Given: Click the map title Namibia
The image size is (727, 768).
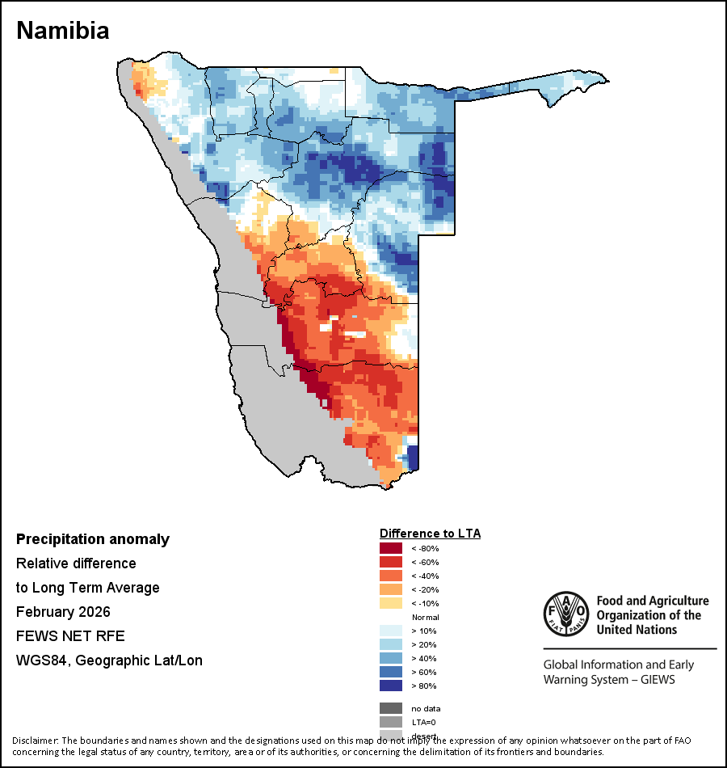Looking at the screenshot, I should [63, 31].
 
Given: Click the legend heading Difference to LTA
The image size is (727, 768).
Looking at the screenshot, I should [430, 534].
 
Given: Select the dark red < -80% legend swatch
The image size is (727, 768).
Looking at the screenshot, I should [391, 548].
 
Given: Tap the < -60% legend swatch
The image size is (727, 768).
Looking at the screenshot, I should [391, 562].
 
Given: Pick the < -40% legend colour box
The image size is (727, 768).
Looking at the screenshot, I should [391, 576].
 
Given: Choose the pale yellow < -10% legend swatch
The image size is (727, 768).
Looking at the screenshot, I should [391, 603].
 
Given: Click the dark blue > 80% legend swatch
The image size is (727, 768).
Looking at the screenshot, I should [391, 686].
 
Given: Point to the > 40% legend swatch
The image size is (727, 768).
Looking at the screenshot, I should [391, 658].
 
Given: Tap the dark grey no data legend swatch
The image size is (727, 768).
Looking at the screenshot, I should [391, 708].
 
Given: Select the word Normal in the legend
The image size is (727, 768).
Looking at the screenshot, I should [425, 617].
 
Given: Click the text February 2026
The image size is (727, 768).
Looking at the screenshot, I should [63, 611].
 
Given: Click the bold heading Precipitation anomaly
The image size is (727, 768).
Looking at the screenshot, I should [93, 539].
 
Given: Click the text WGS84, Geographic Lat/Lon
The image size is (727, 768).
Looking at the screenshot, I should [109, 660].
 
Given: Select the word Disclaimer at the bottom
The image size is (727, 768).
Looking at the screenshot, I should [34, 741].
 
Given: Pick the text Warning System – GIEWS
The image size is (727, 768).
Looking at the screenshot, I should [609, 679].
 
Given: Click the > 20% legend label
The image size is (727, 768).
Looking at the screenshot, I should [423, 644].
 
